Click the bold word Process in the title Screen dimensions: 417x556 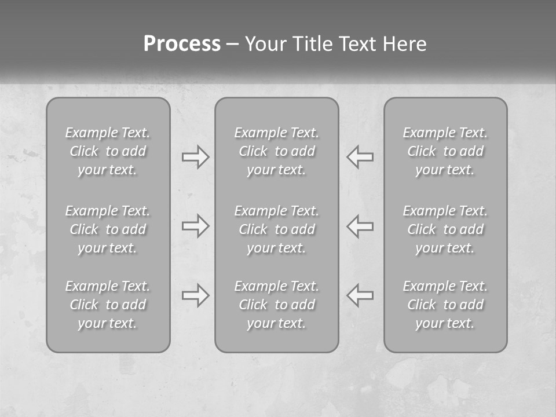point(182,44)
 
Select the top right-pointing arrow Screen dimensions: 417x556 point(195,157)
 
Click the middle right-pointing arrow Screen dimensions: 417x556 point(195,225)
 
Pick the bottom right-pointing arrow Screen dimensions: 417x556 point(195,295)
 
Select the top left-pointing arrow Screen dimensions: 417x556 point(360,157)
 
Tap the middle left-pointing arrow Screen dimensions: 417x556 point(360,225)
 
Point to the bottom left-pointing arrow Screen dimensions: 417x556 point(360,295)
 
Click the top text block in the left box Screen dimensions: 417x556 point(108,151)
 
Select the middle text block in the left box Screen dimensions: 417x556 point(108,229)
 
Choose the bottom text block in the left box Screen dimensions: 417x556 point(108,305)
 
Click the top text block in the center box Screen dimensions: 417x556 point(277,151)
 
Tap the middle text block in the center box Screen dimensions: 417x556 point(277,229)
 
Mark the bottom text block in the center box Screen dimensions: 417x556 point(277,305)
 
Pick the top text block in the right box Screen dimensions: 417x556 point(445,151)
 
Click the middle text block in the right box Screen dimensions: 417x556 point(445,229)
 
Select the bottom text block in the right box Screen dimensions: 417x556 point(445,305)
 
